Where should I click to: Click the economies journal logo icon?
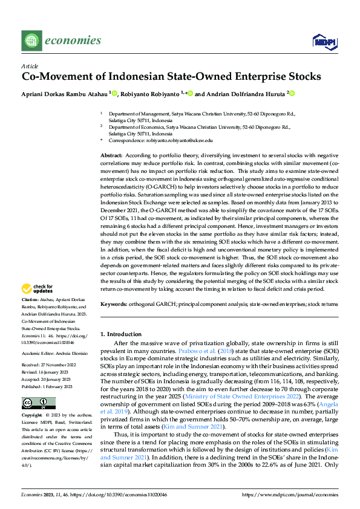(31, 41)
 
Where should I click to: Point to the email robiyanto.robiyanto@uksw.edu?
(180, 140)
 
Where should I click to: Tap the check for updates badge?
(40, 289)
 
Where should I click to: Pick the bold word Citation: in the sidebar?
(30, 300)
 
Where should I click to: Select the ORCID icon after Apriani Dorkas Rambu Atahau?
(114, 94)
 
